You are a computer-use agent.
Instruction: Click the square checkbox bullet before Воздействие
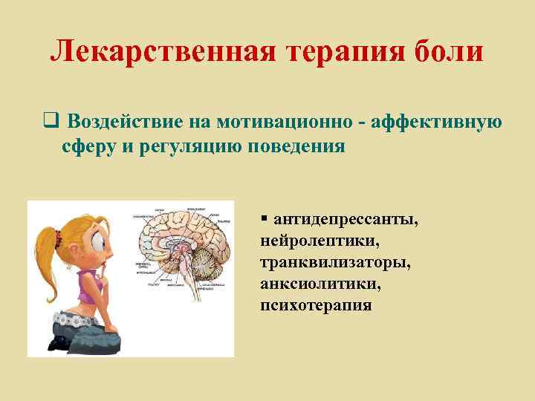[50, 122]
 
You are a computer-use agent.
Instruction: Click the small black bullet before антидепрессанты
[264, 219]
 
